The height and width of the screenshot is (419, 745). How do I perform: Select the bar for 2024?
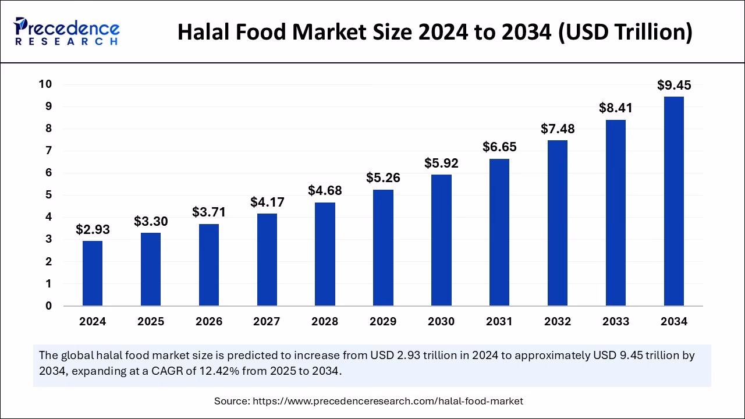click(x=93, y=274)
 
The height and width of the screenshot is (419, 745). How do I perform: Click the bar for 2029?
click(x=383, y=248)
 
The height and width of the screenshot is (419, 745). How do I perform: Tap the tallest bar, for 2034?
click(x=674, y=201)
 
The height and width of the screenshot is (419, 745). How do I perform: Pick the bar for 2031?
click(x=499, y=232)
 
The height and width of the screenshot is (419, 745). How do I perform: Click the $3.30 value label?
click(x=151, y=222)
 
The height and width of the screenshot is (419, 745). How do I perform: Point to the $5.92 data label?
click(x=441, y=164)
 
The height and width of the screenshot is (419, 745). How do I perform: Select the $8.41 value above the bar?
click(x=616, y=108)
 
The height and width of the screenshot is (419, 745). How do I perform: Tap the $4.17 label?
click(x=267, y=203)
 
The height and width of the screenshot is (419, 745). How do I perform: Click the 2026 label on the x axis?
click(x=208, y=321)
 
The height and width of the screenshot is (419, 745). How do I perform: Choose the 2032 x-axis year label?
click(x=558, y=321)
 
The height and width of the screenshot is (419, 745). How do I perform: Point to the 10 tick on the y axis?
click(x=45, y=84)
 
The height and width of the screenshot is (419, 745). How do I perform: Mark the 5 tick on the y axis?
click(x=49, y=195)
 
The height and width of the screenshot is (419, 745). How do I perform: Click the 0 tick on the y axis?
click(x=49, y=306)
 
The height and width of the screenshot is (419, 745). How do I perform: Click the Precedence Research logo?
click(x=66, y=31)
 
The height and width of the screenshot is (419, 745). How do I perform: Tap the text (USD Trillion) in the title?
click(x=626, y=33)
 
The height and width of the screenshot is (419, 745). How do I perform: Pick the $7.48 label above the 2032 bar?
click(x=558, y=129)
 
